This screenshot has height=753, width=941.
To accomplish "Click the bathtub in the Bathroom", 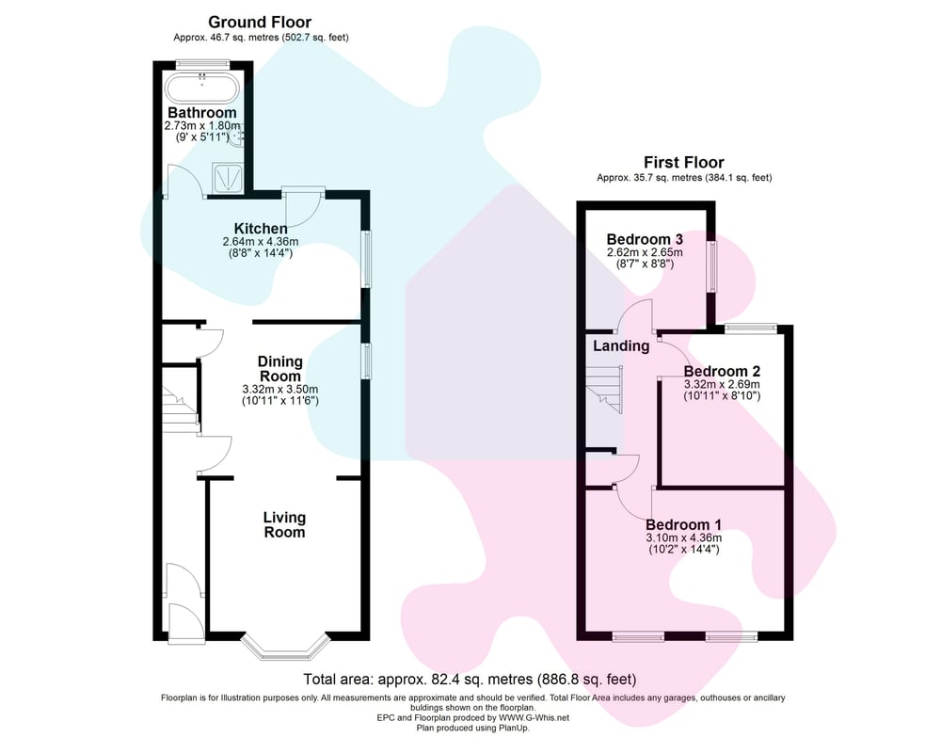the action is (x=202, y=88).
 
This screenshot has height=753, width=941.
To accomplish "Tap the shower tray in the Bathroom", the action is (x=228, y=178).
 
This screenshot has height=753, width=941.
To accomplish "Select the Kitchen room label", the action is (x=261, y=228).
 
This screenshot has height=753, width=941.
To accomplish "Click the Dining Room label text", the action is (x=279, y=369).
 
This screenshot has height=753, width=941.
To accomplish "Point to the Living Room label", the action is (x=284, y=525).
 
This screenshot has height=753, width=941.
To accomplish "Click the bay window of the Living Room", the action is (x=286, y=649).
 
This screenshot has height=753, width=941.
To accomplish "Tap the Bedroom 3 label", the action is (x=645, y=239).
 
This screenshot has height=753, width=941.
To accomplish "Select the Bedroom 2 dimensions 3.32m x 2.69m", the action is (x=722, y=384).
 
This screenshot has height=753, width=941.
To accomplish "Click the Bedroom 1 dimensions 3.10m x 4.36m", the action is (x=683, y=538).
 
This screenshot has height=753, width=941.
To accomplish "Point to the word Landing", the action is (x=621, y=345).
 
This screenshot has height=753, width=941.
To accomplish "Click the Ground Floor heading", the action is (x=260, y=23).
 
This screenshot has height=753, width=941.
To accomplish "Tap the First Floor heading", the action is (x=683, y=162).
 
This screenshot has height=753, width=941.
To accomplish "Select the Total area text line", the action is (x=470, y=680).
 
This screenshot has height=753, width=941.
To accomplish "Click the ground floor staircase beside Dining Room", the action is (x=180, y=397).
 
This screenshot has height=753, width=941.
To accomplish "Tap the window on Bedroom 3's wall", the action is (x=711, y=266).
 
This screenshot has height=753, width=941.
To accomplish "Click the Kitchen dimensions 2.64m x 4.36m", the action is (x=261, y=241).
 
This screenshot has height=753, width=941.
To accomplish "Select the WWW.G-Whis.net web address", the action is (x=534, y=717).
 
